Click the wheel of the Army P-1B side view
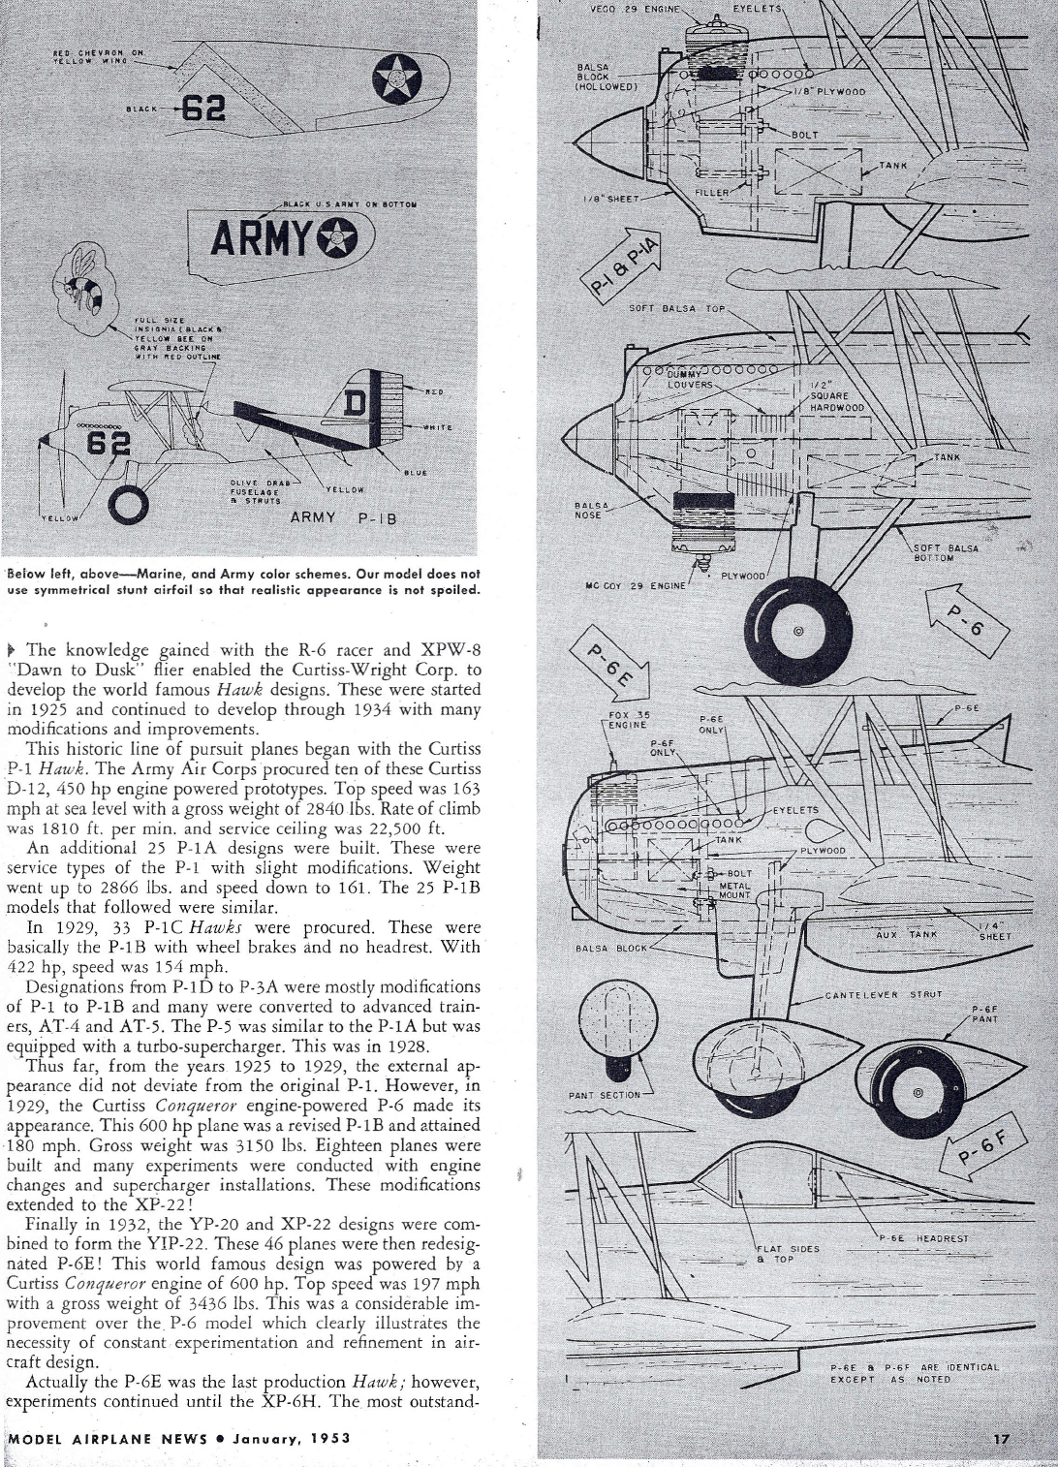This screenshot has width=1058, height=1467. (129, 502)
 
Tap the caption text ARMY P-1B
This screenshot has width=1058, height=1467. (344, 517)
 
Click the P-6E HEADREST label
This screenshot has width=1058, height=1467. (928, 1237)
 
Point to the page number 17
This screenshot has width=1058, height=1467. (1001, 1439)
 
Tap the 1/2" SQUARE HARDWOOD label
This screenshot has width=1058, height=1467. (836, 396)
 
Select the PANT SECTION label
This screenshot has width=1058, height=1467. (605, 1095)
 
